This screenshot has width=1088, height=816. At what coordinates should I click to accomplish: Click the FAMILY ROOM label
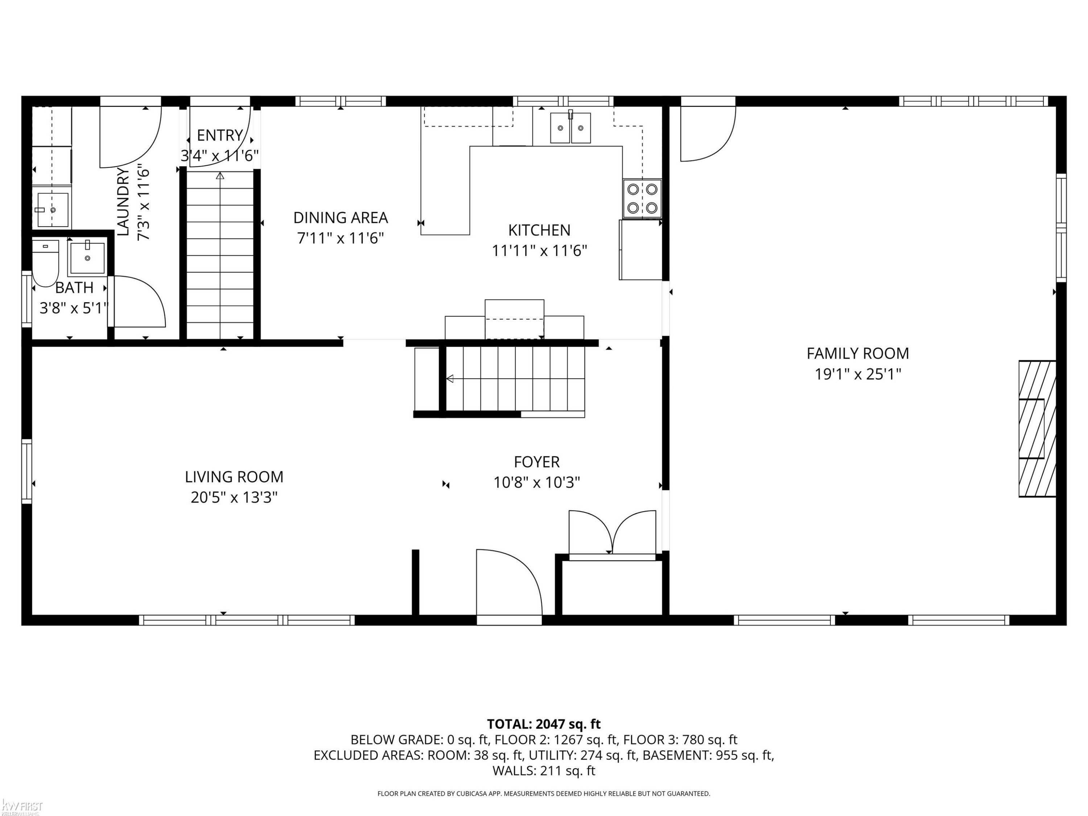coord(858,353)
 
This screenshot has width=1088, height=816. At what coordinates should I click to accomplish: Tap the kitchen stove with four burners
coord(642,199)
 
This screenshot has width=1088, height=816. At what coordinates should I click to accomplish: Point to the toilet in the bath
coord(46,263)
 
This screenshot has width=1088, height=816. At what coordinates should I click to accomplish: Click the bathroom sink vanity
coord(87,258)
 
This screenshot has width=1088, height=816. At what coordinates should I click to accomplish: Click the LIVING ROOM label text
coord(234,477)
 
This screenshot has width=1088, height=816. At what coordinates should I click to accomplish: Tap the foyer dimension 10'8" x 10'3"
coord(537,482)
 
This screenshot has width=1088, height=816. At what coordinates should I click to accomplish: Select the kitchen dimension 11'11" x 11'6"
coord(540,251)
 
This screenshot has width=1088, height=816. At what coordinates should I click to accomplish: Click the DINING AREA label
coord(341,217)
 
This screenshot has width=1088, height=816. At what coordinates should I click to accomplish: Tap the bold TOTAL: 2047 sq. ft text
coord(544,724)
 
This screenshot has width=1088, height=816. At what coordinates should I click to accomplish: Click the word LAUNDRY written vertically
coord(123,202)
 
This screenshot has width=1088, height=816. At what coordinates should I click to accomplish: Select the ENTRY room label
coord(220,135)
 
